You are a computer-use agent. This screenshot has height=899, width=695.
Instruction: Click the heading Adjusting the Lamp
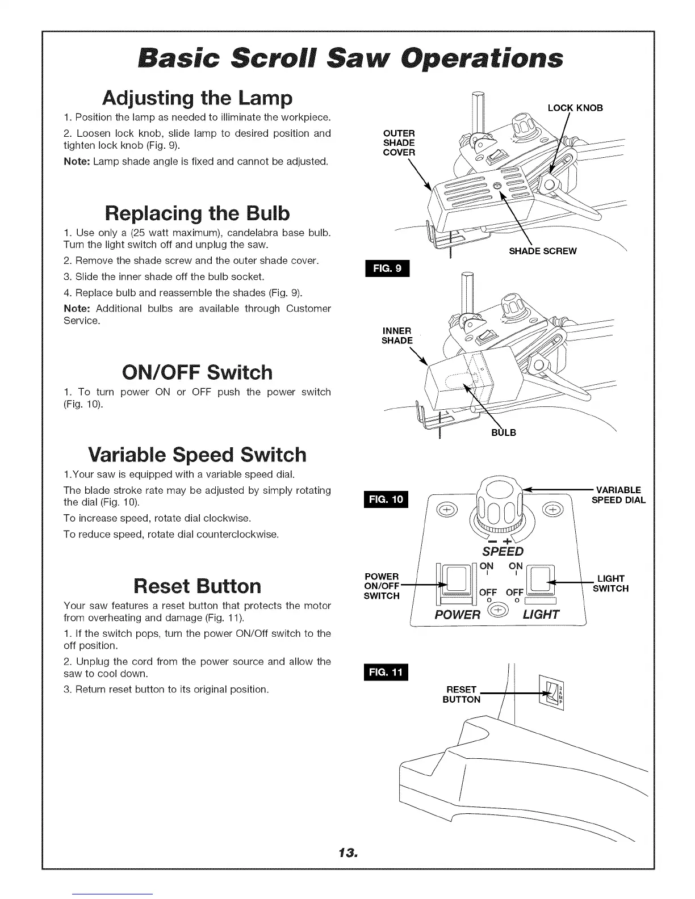[x=197, y=99]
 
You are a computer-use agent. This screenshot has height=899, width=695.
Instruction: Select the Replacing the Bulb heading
[x=197, y=213]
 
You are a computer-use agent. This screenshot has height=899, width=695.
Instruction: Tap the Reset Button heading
[x=197, y=585]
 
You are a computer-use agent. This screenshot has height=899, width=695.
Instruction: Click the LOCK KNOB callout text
[x=575, y=108]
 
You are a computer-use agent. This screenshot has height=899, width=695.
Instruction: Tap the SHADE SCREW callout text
[x=542, y=251]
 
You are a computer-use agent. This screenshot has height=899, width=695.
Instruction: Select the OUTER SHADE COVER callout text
[x=399, y=143]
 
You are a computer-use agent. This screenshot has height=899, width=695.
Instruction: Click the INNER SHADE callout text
[x=397, y=335]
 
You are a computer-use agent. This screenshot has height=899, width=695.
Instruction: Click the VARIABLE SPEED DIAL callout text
[x=618, y=495]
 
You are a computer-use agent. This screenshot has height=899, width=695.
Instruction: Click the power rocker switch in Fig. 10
[x=456, y=580]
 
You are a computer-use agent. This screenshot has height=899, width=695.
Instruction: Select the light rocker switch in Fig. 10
[x=542, y=579]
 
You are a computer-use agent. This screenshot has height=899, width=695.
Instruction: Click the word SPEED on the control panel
[x=503, y=552]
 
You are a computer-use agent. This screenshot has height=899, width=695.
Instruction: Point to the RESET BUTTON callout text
[x=461, y=695]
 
